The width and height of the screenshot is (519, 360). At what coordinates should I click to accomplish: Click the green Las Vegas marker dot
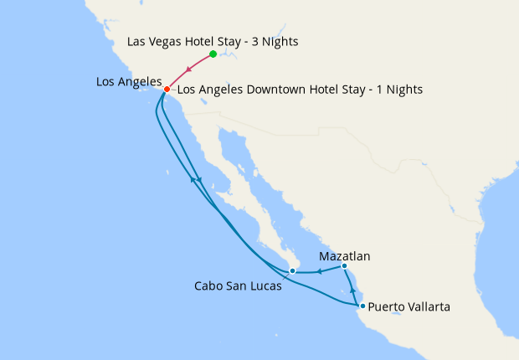coord(213,54)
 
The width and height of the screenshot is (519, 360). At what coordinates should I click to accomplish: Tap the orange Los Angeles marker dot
coord(167,90)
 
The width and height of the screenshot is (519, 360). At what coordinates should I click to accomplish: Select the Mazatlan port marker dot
coord(344,266)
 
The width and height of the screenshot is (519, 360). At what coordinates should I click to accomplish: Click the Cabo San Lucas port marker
coord(292,271)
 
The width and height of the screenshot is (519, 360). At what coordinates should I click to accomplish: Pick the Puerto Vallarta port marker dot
coord(362,306)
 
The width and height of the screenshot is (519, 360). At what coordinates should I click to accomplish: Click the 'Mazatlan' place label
coord(345,256)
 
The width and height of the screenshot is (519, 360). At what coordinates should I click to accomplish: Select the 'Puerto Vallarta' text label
coord(409,307)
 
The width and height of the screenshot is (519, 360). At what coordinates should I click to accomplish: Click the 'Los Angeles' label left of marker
coord(129,81)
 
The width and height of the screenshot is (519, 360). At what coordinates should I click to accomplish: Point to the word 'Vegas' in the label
coord(167,41)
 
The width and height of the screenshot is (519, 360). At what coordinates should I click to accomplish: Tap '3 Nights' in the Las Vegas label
coord(275,41)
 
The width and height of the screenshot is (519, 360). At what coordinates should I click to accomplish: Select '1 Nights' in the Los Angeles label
coord(397,90)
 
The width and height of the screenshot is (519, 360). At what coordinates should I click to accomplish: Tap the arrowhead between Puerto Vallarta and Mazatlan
coord(352,290)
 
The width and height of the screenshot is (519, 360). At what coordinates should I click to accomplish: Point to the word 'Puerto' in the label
coord(386,307)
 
